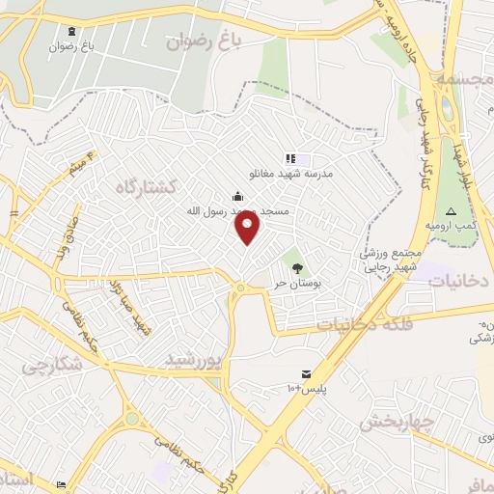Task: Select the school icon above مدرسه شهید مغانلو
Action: (x=289, y=158)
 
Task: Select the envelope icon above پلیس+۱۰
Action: (x=306, y=373)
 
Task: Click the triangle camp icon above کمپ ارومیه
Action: (x=449, y=211)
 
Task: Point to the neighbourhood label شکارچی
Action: (x=49, y=367)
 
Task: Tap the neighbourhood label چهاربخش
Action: (x=394, y=421)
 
